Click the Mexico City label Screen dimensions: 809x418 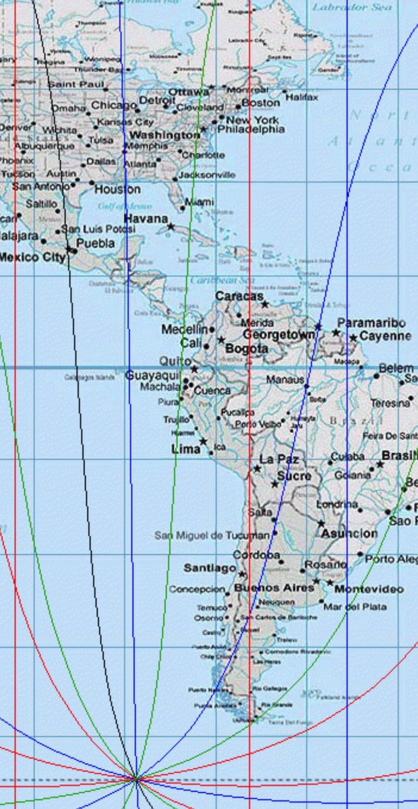coord(32,257)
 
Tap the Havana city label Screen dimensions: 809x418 coord(145,219)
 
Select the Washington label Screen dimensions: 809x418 coord(165,135)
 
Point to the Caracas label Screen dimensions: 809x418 coord(239,296)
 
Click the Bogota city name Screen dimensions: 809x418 coord(246,349)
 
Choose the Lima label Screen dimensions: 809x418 coord(186,448)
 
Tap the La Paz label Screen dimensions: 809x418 coord(278,459)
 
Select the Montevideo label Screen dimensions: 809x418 coord(369,589)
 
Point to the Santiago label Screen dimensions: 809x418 coord(210,568)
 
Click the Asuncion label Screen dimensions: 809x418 coord(349,533)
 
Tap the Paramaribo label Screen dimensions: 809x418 coord(371,323)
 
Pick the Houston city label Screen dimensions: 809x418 coord(117,189)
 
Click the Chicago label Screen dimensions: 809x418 coord(113,105)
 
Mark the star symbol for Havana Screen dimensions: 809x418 coord(171,227)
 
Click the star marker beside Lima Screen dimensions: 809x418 coord(203,442)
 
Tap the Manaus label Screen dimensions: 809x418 coord(285,380)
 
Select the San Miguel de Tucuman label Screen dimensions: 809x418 coord(212,535)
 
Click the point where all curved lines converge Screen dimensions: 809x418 coord(136,779)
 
